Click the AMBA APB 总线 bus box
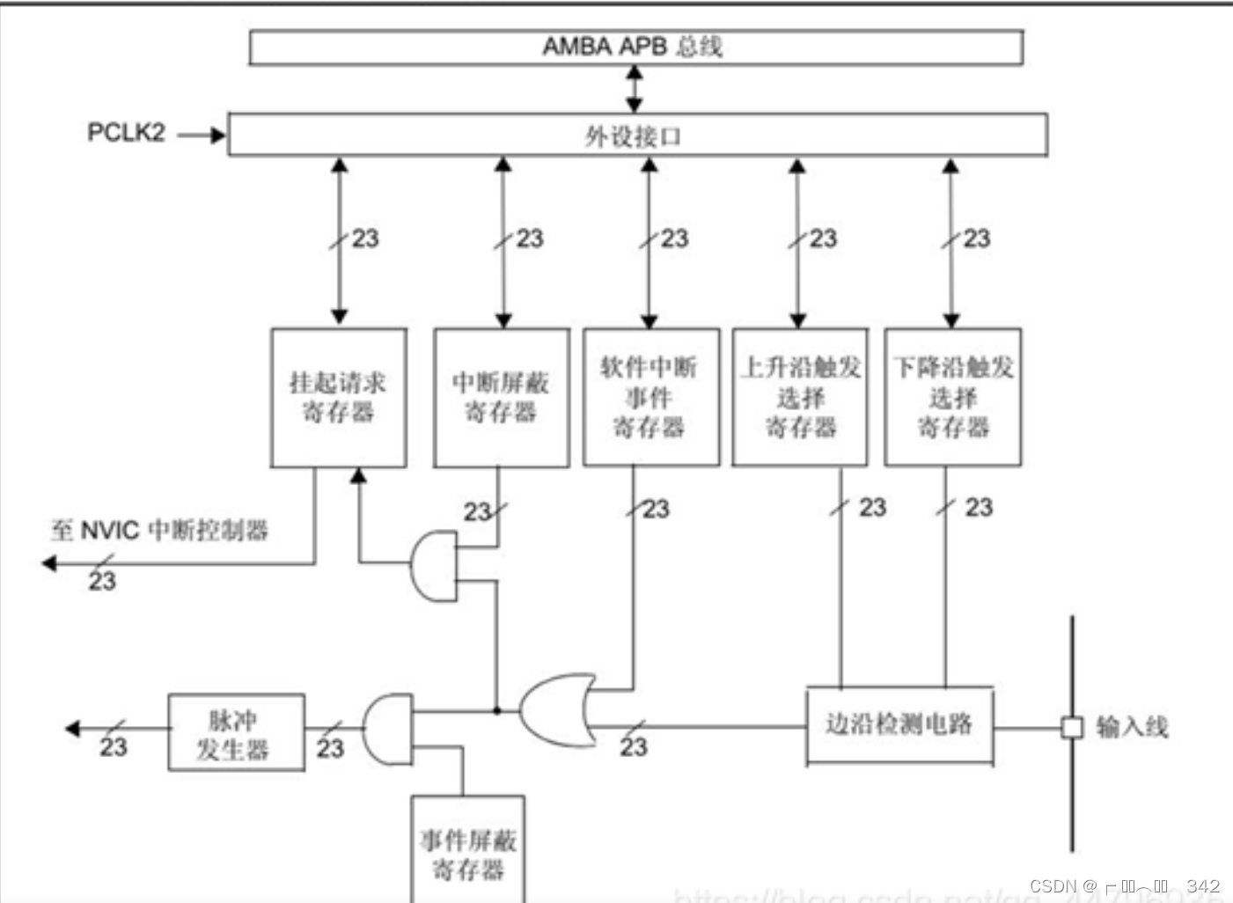(635, 48)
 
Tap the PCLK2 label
(126, 133)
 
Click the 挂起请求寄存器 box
(339, 398)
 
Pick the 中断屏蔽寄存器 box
(501, 398)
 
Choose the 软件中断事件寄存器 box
(650, 398)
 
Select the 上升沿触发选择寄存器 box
(800, 398)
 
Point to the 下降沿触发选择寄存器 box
(952, 398)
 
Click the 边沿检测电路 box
(899, 725)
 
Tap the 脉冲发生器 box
(236, 733)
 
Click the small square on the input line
(1071, 728)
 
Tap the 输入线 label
(1132, 727)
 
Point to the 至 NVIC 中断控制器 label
(159, 531)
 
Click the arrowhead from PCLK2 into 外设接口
(217, 135)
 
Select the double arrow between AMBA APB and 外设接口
(634, 89)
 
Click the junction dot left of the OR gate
(496, 710)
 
